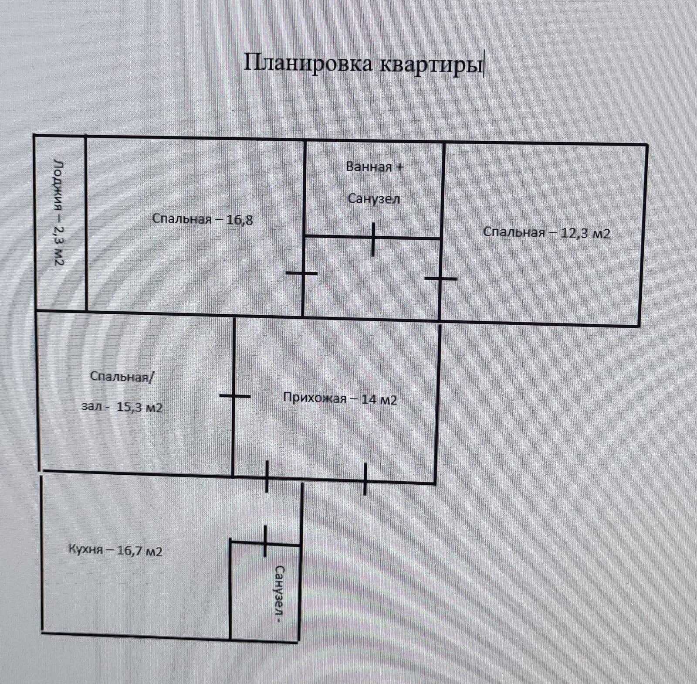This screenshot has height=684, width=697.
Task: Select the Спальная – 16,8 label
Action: (x=202, y=219)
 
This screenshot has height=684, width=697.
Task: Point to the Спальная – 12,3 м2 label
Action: (x=546, y=233)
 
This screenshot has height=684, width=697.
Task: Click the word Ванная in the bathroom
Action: (x=369, y=167)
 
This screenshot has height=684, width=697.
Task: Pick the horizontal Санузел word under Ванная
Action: (x=374, y=199)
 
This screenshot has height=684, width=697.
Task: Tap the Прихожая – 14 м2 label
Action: (x=340, y=399)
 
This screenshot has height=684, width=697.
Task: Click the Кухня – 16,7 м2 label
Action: (x=115, y=550)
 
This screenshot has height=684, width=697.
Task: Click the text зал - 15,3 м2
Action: (x=122, y=408)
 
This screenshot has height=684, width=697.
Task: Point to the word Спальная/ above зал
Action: (x=122, y=377)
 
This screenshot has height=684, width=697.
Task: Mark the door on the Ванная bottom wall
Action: (x=373, y=239)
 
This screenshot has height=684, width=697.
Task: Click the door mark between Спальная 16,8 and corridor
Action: (x=302, y=273)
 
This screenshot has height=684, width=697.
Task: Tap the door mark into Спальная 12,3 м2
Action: (x=441, y=278)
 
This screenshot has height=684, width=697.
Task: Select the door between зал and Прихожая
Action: (x=234, y=396)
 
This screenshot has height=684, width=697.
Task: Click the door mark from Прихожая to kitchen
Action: (x=267, y=477)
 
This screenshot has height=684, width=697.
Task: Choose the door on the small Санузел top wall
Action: (x=264, y=541)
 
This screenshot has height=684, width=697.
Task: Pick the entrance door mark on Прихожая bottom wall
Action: (x=365, y=480)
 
